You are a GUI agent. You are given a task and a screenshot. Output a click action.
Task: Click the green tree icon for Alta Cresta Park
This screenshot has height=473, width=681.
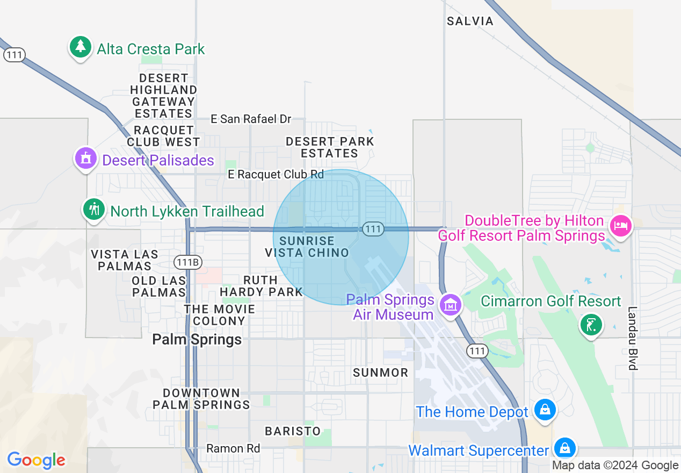coord(81,47)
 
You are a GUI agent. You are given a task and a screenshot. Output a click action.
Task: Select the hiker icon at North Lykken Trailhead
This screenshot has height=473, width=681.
coord(95,209)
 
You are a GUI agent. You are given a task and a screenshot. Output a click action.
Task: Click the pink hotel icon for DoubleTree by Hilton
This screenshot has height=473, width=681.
coord(620,225)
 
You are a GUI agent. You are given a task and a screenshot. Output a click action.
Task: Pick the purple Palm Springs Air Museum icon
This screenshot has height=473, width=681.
coord(450,305)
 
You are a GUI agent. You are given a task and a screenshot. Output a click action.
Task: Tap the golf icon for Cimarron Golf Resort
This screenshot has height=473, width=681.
coord(590,325)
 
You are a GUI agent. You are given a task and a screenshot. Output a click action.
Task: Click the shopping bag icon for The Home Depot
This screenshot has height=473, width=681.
coord(545,411)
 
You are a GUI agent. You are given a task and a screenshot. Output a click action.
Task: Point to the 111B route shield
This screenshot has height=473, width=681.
coord(188,262)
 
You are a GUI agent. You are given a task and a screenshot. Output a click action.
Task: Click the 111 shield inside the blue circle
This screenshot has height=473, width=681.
coord(372,229)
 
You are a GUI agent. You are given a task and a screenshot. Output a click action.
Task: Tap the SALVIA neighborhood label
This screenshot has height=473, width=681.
coord(470,21)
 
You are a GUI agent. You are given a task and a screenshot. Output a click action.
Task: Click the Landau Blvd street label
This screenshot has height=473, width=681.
coord(633,338)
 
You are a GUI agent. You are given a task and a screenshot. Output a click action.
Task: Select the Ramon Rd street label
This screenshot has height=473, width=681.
coord(233,448)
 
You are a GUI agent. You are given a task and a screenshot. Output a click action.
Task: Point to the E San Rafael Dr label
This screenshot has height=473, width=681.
coord(251,119)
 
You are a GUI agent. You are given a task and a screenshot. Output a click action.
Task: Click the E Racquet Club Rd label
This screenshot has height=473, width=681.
coord(276,174)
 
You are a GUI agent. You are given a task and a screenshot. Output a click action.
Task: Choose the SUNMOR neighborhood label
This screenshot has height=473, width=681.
coord(381,372)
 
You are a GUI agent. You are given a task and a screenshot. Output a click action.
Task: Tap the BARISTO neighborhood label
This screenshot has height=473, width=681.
coord(293,431)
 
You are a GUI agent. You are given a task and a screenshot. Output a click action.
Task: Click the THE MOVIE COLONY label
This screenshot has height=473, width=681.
coord(219,315)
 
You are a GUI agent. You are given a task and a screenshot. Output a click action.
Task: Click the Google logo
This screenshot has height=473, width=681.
coord(36,460)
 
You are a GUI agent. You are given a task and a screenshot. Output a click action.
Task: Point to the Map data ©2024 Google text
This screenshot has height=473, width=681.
coord(615,465)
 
